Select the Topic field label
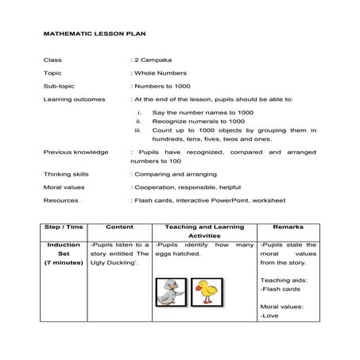pyautogui.click(x=52, y=72)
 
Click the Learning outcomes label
pyautogui.click(x=71, y=99)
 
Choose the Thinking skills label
pyautogui.click(x=66, y=173)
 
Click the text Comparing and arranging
pyautogui.click(x=172, y=173)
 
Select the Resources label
pyautogui.click(x=60, y=200)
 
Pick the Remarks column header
pyautogui.click(x=288, y=226)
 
